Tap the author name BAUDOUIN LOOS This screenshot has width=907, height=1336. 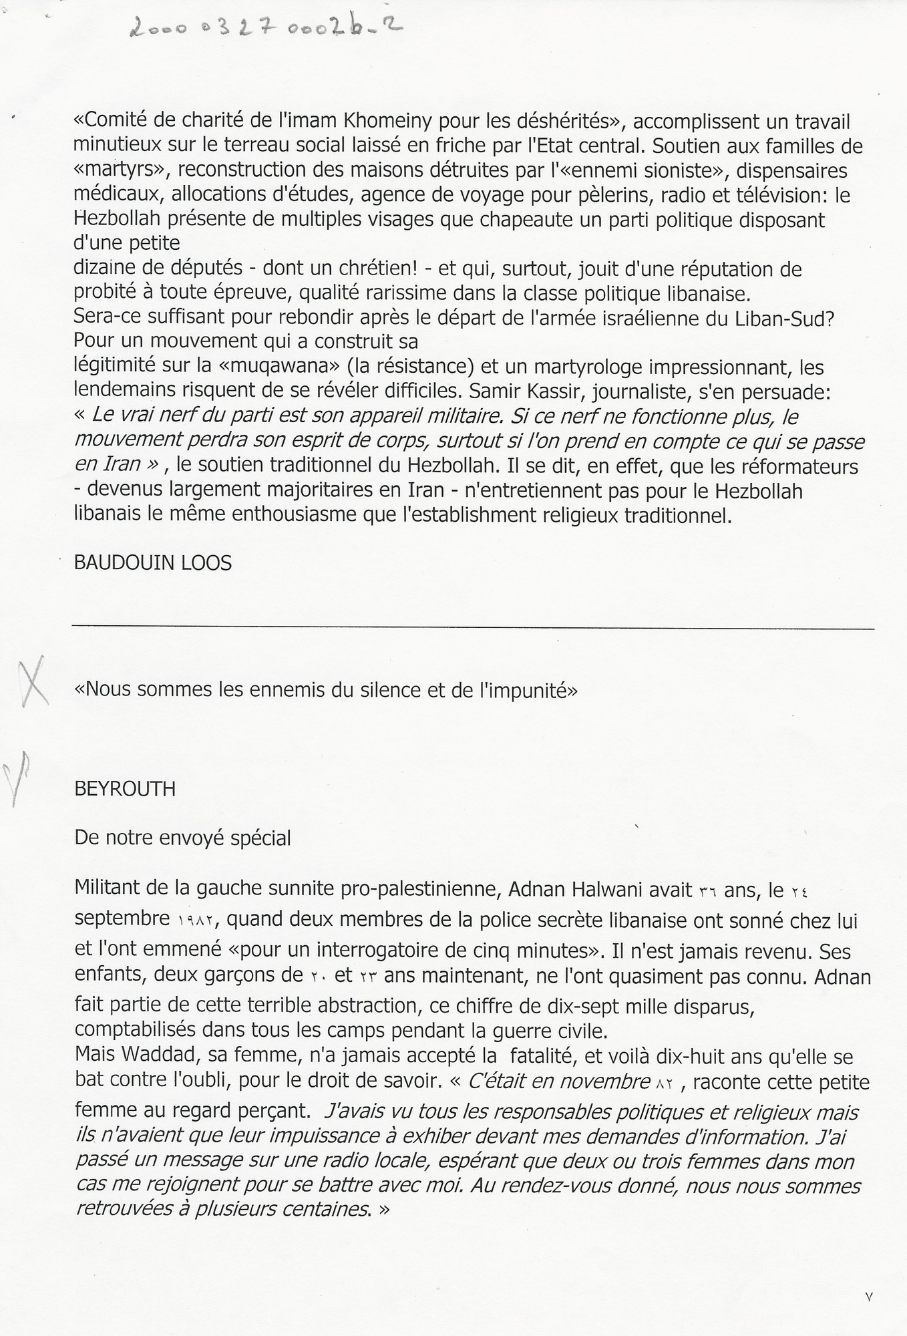(x=153, y=562)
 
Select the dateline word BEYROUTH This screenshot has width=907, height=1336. (x=125, y=789)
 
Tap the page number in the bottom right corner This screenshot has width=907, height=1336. (x=868, y=1297)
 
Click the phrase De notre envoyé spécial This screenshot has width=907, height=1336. (x=183, y=838)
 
